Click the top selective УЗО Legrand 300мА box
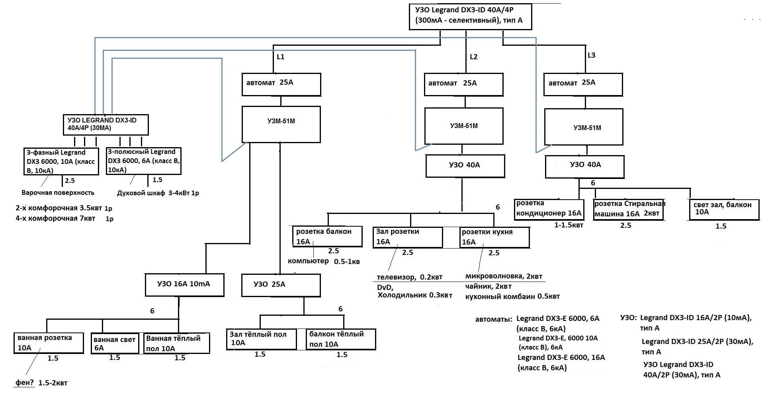470,17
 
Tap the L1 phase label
281,57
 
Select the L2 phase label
473,57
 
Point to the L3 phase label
592,55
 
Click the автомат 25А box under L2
463,84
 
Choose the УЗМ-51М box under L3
584,127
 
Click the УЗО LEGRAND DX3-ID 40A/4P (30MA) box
106,124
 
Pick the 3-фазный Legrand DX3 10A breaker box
61,161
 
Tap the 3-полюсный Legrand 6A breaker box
144,161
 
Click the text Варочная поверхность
58,193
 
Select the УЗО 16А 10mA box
184,285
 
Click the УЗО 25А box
281,285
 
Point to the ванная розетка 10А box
48,343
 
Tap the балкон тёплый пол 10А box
340,339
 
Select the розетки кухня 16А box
494,237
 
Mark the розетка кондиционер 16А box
549,209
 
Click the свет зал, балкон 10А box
723,209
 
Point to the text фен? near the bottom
25,383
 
